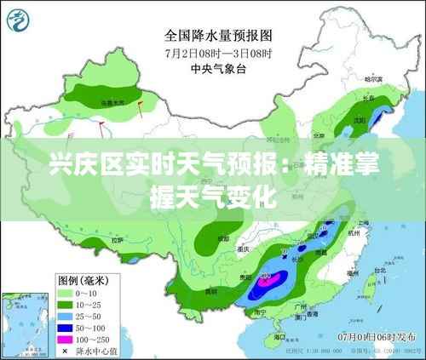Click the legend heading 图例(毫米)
pos(85,279)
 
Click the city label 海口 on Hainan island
pos(271,329)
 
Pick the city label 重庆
pos(247,249)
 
